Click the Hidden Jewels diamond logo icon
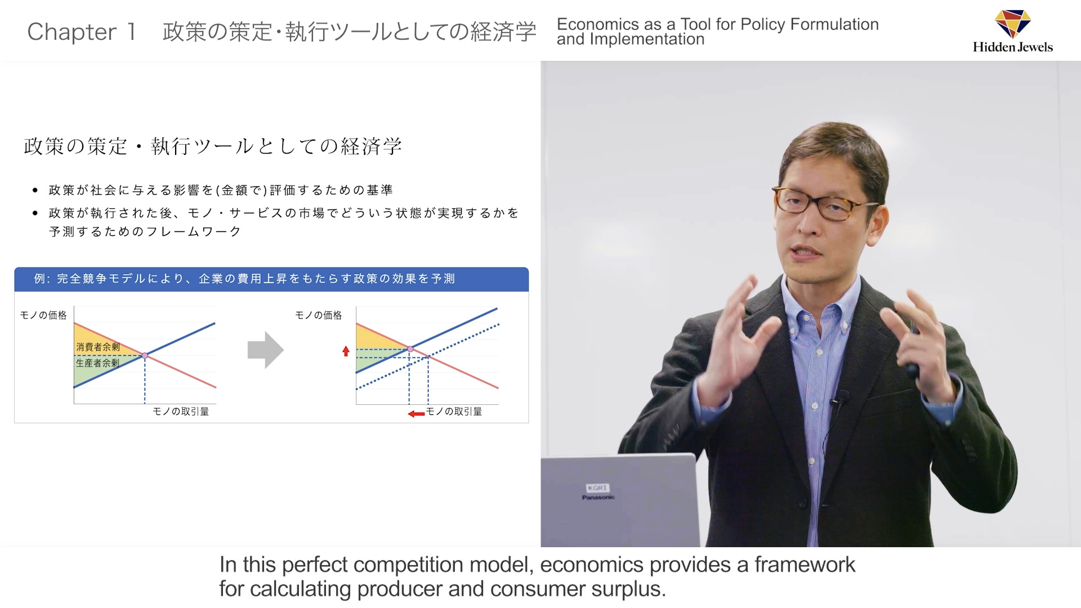point(1013,24)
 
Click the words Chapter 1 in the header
point(82,32)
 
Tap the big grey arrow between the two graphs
point(265,350)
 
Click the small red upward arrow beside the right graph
point(346,351)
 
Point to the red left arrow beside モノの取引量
point(416,414)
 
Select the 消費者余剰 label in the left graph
point(98,347)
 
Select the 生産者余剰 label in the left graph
point(98,363)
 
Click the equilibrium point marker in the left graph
point(145,356)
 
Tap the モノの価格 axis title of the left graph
point(43,315)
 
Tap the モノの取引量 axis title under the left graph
point(181,412)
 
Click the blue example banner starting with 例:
point(271,279)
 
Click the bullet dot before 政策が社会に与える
point(35,190)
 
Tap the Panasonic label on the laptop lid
point(598,497)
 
